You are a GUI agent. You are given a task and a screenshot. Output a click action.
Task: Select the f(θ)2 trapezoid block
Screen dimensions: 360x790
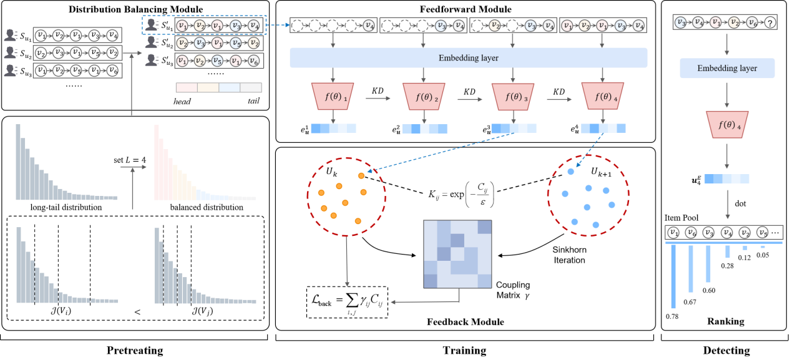click(424, 97)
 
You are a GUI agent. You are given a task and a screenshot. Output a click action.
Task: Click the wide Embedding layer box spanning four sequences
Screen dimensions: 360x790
click(469, 58)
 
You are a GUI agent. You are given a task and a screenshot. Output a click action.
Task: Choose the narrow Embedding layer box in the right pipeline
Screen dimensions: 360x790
click(727, 68)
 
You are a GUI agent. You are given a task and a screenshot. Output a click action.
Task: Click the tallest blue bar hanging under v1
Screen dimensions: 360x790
click(673, 276)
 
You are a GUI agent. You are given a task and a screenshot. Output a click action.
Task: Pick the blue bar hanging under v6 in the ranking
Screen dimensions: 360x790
click(691, 268)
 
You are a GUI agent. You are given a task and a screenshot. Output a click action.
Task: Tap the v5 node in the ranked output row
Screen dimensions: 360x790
click(763, 233)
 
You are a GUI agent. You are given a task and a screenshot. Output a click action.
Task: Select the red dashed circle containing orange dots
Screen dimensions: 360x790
click(346, 196)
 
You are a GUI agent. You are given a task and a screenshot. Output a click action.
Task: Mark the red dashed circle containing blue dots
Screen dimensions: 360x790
click(588, 195)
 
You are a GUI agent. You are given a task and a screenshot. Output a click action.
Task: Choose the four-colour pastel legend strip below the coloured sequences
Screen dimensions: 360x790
click(218, 87)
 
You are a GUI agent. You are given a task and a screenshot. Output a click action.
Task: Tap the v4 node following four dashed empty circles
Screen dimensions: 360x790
click(369, 26)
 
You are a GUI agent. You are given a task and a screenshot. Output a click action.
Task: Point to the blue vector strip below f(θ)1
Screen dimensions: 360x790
click(333, 129)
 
